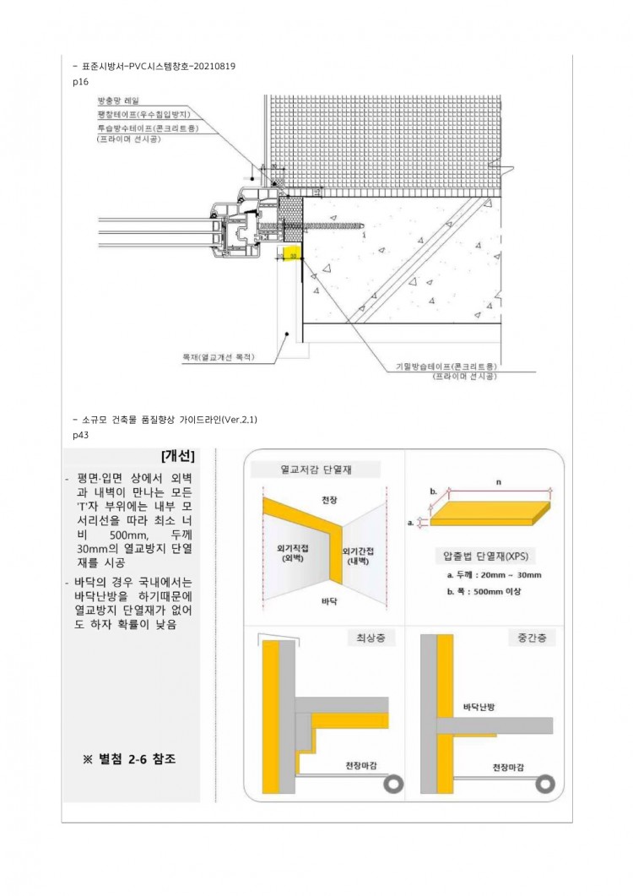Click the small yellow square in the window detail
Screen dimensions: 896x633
(x=292, y=254)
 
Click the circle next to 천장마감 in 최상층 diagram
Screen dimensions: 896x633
(x=392, y=785)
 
